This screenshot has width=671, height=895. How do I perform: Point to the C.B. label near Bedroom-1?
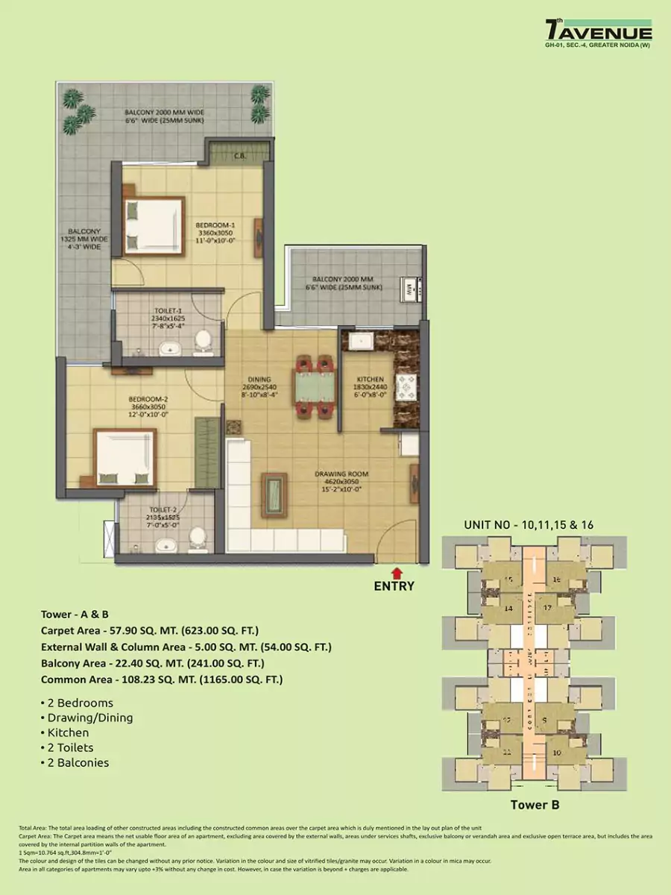click(x=240, y=157)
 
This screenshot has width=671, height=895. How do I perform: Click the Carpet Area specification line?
click(x=150, y=631)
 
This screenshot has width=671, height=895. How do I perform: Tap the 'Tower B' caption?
click(x=535, y=805)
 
